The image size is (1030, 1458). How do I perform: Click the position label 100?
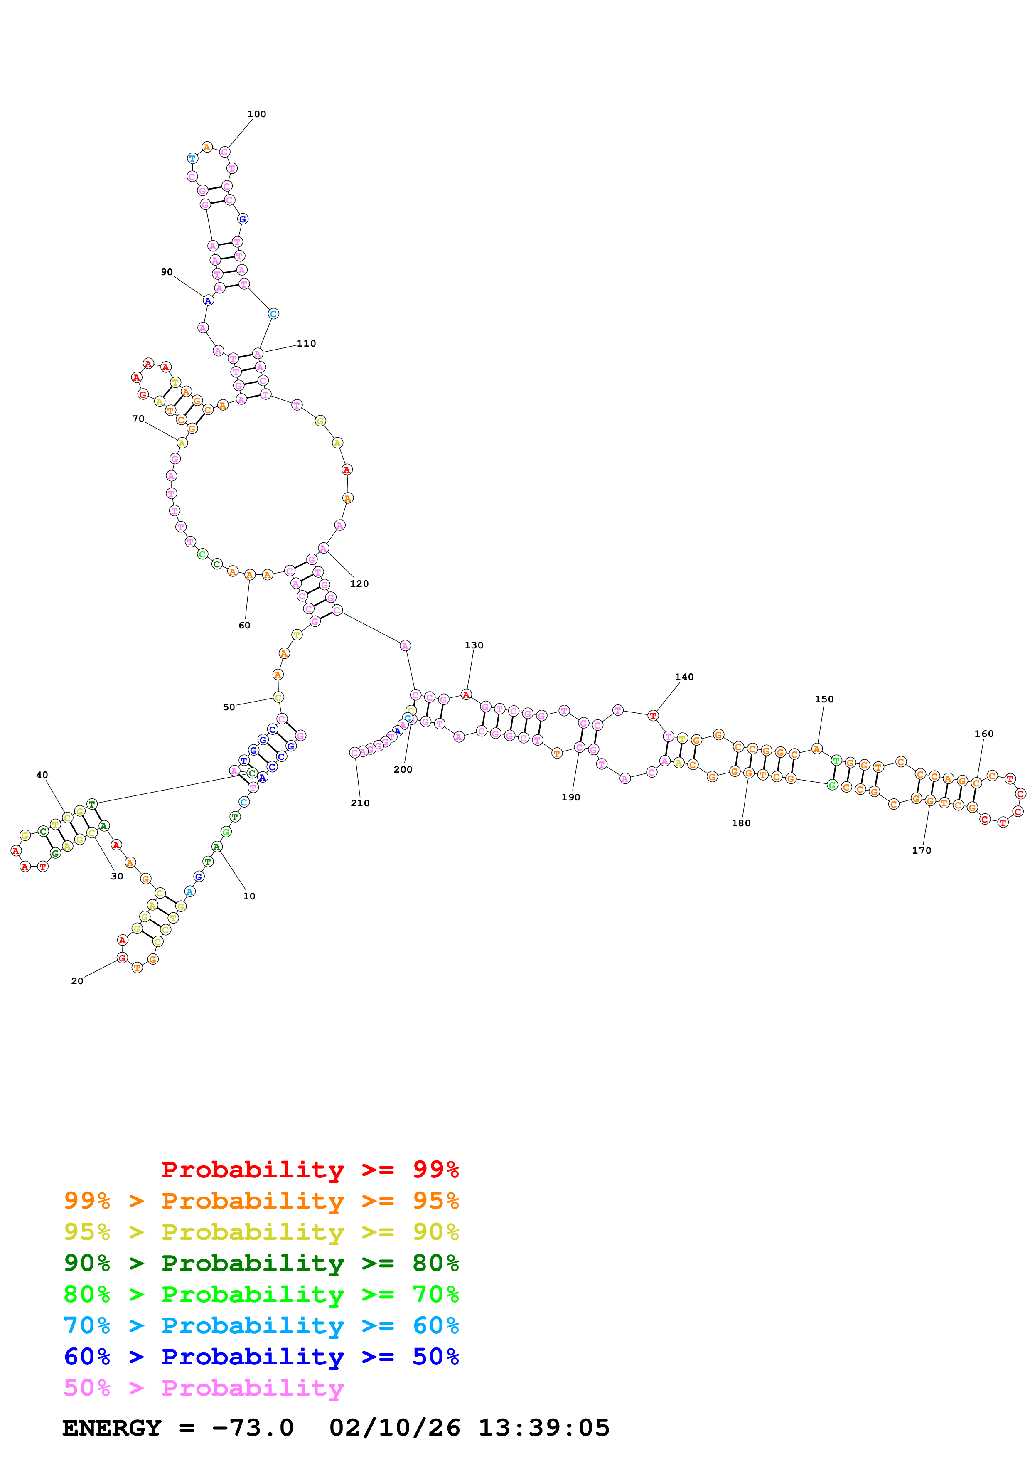pyautogui.click(x=256, y=114)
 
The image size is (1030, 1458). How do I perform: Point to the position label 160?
pyautogui.click(x=983, y=734)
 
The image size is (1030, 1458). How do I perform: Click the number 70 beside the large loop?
pyautogui.click(x=138, y=419)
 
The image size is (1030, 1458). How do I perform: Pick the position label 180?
pyautogui.click(x=740, y=823)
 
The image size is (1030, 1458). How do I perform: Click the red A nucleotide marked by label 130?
pyautogui.click(x=466, y=695)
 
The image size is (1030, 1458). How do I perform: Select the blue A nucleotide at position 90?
pyautogui.click(x=207, y=300)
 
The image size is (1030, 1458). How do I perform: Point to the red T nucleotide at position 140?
pyautogui.click(x=652, y=716)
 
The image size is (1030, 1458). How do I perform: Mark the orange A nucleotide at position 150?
pyautogui.click(x=817, y=749)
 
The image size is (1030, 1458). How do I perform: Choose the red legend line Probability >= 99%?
pyautogui.click(x=310, y=1169)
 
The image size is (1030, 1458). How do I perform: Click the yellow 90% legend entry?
pyautogui.click(x=261, y=1232)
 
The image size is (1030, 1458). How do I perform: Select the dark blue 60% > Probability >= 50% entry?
pyautogui.click(x=261, y=1357)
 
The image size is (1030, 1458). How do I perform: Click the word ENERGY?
pyautogui.click(x=112, y=1428)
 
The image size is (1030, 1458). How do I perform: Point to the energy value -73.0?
pyautogui.click(x=253, y=1428)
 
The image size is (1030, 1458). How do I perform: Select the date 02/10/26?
pyautogui.click(x=394, y=1428)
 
